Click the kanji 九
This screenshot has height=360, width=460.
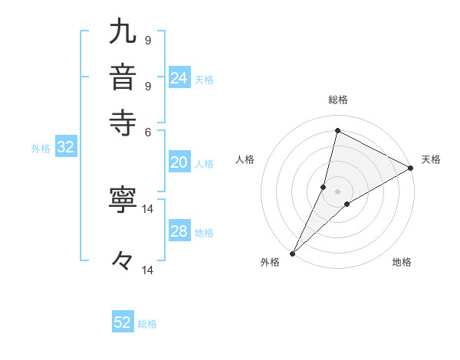[x=123, y=33]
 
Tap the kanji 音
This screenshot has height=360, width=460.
[x=123, y=80]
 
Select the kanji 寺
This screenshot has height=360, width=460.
[x=123, y=122]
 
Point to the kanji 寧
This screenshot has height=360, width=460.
[x=123, y=200]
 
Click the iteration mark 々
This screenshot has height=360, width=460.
[x=123, y=261]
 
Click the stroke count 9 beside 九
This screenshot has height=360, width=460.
[x=147, y=40]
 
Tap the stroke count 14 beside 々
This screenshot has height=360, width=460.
[x=148, y=270]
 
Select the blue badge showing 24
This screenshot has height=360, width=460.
[x=179, y=78]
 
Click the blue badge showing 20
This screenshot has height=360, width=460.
[x=179, y=162]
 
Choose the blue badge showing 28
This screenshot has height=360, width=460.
[x=179, y=231]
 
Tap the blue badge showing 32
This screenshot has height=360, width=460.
[x=65, y=148]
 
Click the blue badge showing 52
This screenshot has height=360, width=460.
[x=123, y=322]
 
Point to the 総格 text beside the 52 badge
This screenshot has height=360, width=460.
[x=147, y=324]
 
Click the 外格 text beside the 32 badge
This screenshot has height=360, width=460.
[x=40, y=149]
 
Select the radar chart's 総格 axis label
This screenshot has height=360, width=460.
[x=337, y=100]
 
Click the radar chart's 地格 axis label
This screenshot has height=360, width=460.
[x=402, y=263]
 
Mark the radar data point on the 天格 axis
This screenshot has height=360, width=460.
[x=411, y=168]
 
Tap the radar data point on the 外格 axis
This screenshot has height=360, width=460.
[x=292, y=253]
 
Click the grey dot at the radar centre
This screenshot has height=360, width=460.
[x=337, y=191]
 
